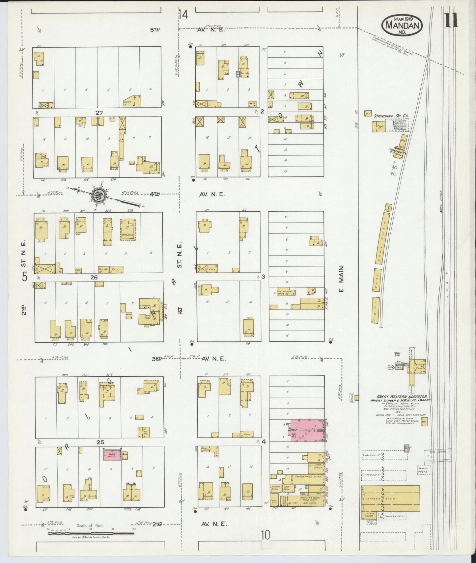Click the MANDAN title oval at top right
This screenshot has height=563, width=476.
pyautogui.click(x=402, y=24)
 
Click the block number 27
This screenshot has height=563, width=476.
pyautogui.click(x=99, y=113)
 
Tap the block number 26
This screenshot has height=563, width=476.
pyautogui.click(x=94, y=277)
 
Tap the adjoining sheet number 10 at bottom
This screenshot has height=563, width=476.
pyautogui.click(x=265, y=535)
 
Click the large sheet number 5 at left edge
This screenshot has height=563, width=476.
pyautogui.click(x=25, y=277)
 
